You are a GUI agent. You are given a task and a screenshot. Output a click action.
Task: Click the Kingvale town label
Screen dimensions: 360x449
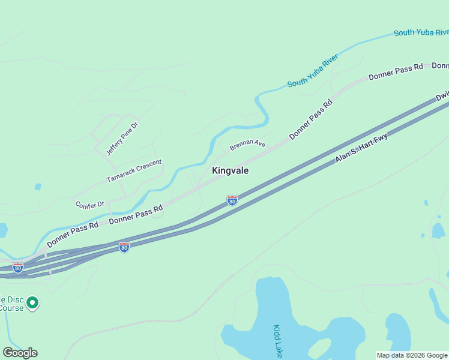click(230, 170)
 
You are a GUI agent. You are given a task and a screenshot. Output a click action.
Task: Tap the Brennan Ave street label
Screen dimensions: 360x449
click(247, 145)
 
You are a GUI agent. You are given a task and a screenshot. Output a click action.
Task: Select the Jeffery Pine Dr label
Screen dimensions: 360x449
click(122, 139)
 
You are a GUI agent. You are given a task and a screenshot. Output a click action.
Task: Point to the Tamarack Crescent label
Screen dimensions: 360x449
click(134, 171)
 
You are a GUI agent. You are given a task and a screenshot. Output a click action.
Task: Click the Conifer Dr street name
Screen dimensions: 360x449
click(90, 205)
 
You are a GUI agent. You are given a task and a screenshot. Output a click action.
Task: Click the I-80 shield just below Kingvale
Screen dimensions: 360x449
click(232, 200)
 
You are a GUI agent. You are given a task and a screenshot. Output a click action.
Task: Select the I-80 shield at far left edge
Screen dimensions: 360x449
click(18, 268)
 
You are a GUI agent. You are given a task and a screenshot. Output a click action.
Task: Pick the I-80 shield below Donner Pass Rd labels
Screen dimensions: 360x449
click(124, 247)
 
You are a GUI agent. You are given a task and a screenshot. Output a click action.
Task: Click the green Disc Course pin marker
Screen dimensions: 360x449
click(33, 303)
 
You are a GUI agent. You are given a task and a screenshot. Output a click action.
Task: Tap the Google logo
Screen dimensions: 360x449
click(20, 353)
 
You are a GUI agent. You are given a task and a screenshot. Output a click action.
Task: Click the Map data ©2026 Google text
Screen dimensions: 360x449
click(412, 355)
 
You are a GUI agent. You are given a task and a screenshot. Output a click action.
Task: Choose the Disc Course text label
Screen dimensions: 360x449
click(11, 304)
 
